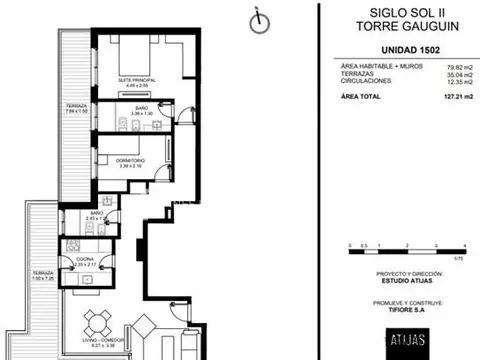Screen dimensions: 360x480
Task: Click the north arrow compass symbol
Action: (259, 19)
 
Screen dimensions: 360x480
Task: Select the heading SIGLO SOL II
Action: (401, 13)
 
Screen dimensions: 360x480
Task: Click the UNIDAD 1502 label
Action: (401, 51)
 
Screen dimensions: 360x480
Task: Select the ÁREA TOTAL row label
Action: (362, 95)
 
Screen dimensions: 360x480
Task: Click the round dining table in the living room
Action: (96, 322)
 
